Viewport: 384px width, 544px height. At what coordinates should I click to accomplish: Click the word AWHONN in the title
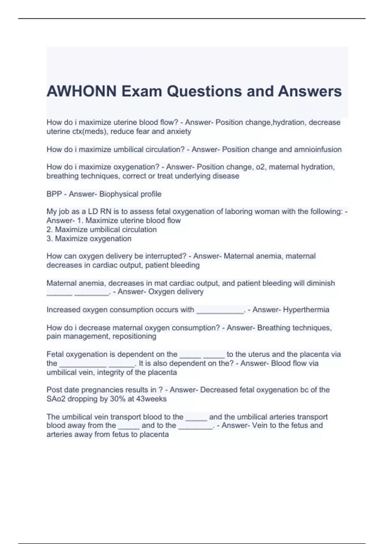pyautogui.click(x=82, y=91)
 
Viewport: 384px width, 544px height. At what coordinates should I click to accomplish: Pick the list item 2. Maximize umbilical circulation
pyautogui.click(x=102, y=229)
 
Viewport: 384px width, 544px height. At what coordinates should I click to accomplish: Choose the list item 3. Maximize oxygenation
pyautogui.click(x=89, y=238)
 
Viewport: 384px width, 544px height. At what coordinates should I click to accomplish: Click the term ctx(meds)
pyautogui.click(x=90, y=131)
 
